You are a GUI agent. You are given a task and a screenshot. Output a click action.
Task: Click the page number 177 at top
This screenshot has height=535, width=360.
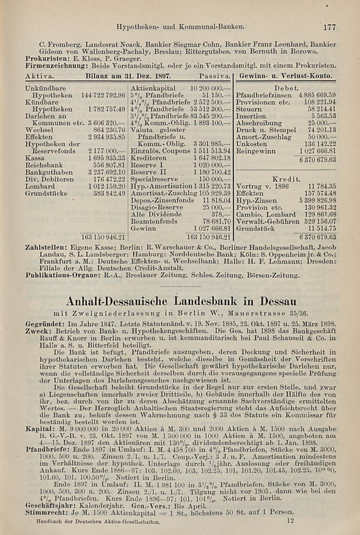pos(329,27)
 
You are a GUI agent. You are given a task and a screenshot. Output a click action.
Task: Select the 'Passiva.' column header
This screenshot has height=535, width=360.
pos(215,76)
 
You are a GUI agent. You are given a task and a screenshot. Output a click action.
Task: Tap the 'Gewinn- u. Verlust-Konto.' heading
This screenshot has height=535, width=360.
pos(286,76)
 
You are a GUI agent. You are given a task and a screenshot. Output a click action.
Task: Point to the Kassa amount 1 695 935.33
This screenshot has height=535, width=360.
pos(107,158)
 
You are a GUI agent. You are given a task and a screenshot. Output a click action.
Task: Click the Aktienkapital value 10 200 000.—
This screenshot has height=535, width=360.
pos(210,88)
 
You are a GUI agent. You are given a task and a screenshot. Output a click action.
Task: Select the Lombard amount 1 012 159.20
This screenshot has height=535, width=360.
pos(107,186)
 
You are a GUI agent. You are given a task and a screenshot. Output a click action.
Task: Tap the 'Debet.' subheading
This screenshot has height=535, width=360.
pos(286,88)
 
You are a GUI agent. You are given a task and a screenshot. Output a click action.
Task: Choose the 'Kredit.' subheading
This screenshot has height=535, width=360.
pos(286,179)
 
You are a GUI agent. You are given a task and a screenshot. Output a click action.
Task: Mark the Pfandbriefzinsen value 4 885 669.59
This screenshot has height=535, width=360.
pos(317,95)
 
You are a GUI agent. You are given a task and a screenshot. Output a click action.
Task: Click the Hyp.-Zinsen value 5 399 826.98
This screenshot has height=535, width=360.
pos(317,201)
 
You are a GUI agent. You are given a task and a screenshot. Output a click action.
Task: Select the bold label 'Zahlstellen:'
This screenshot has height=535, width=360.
pos(46,248)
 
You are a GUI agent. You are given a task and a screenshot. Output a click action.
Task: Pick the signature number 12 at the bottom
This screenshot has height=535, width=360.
pos(291,520)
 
